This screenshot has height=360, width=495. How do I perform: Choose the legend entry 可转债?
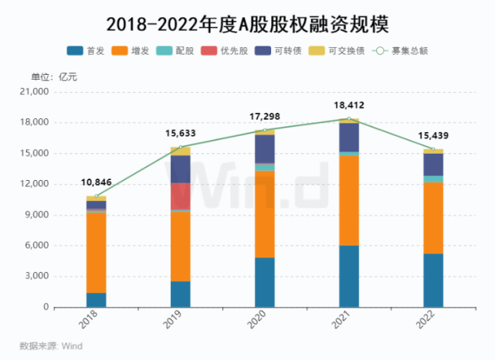pos(286,52)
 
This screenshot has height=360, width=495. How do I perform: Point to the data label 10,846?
pos(97,183)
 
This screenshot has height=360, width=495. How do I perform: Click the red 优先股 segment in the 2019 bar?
pos(181,196)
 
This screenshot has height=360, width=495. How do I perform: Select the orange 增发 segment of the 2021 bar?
pos(349,200)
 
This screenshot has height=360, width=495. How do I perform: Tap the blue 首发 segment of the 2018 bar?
pos(97,300)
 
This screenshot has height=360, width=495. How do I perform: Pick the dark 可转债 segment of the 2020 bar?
pos(265,148)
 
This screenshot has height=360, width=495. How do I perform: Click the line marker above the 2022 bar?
pos(433,149)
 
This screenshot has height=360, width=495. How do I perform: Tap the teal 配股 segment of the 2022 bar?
pos(433,179)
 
